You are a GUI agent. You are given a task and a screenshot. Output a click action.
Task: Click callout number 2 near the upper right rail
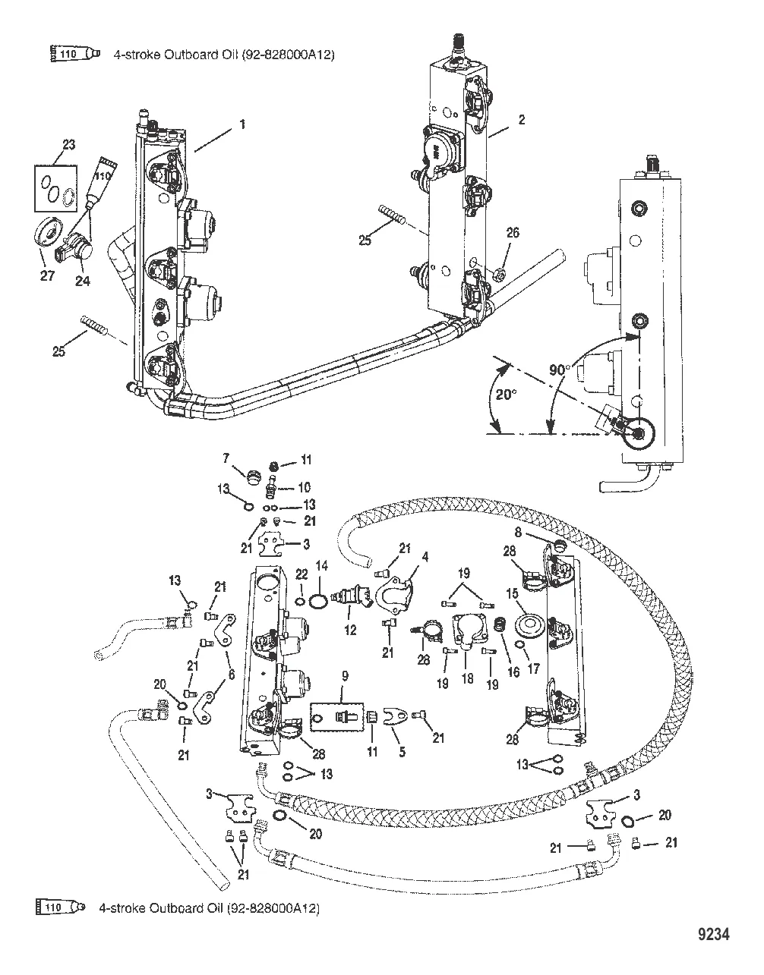tap(521, 118)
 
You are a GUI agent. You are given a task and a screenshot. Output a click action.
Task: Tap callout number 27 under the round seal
tap(47, 276)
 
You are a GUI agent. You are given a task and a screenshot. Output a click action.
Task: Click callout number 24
tap(83, 281)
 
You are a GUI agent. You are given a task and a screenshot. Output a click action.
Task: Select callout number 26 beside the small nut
tap(513, 233)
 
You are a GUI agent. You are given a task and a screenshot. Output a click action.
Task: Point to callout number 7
tap(226, 460)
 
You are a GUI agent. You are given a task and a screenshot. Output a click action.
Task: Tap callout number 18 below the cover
tap(467, 679)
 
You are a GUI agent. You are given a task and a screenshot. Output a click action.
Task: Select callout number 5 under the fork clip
tap(402, 752)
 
